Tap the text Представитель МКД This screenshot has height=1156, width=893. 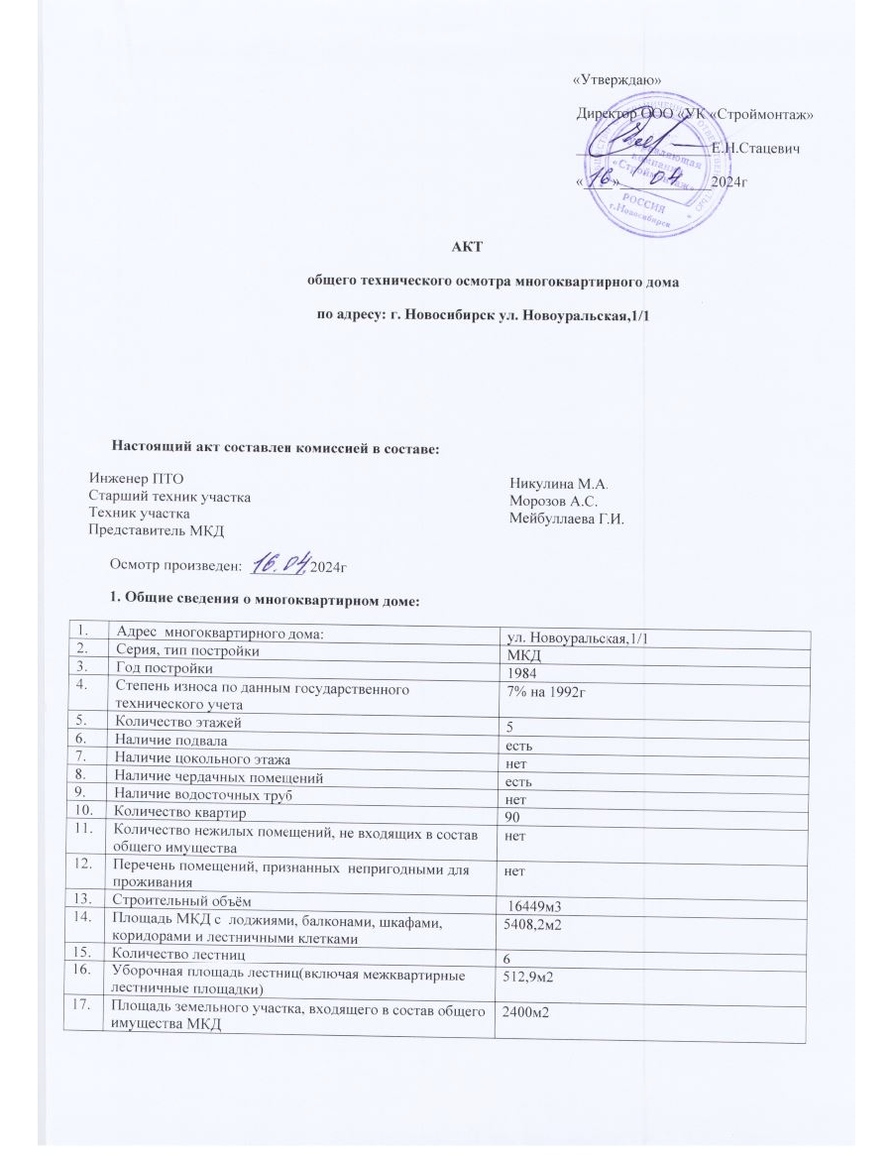[157, 529]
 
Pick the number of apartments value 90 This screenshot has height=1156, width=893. [514, 815]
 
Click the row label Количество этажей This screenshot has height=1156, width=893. [177, 721]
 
